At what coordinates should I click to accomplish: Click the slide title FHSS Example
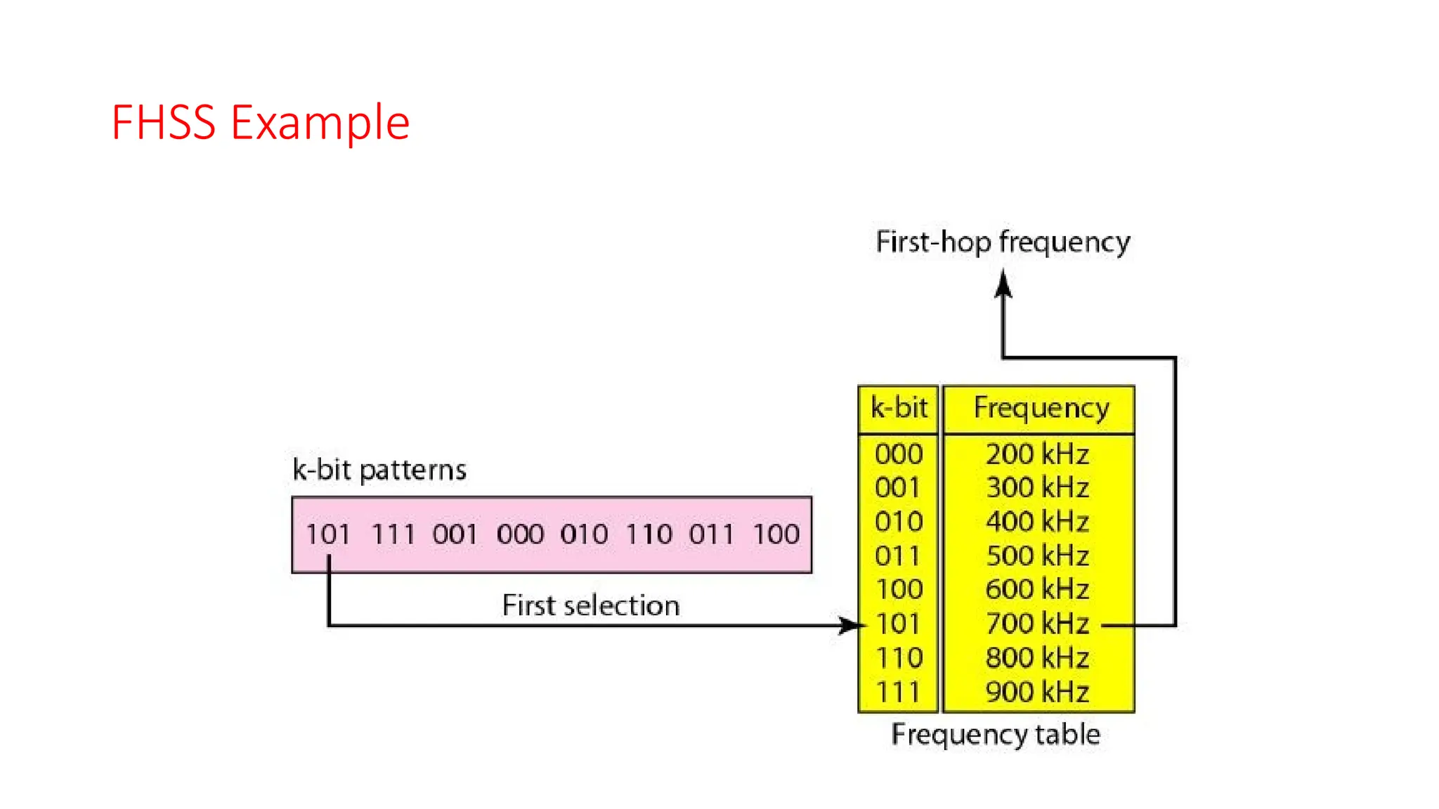[260, 123]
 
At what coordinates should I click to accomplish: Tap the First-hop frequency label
[1003, 242]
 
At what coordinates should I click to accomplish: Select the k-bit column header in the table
[899, 408]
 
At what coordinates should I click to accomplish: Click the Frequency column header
[1041, 408]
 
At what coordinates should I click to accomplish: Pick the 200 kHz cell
[1037, 454]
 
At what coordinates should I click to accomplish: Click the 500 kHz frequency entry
[1037, 556]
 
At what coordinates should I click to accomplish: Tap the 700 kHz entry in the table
[1037, 624]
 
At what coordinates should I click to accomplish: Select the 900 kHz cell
[1037, 692]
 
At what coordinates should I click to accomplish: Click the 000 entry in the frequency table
[899, 454]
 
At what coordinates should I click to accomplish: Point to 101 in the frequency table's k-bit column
[899, 624]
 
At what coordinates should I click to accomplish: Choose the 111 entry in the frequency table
[899, 692]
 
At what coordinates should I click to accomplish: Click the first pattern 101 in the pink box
[327, 534]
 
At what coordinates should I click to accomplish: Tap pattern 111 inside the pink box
[393, 534]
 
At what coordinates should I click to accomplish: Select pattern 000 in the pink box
[520, 534]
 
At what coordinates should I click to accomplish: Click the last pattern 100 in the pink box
[776, 534]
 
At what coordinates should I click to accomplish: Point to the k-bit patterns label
[379, 470]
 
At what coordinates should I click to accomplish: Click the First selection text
[591, 605]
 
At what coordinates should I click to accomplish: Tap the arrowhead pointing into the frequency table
[850, 625]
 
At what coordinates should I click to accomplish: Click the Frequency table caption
[996, 735]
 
